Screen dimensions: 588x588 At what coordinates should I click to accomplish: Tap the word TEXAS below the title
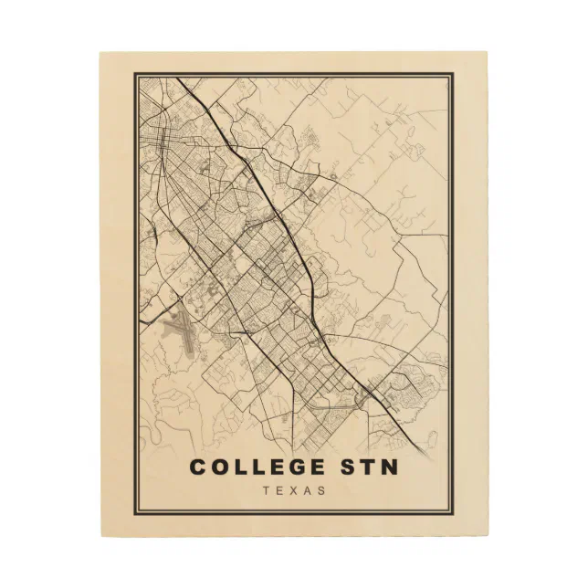pos(293,491)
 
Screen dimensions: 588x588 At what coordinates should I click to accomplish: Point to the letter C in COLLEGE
pos(198,467)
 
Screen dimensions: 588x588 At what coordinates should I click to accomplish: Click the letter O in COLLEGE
pos(219,467)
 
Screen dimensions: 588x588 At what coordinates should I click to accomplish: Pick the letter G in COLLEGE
pos(289,467)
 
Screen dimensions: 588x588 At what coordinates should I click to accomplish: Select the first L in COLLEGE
pos(239,467)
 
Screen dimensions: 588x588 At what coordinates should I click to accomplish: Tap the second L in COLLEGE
pos(256,467)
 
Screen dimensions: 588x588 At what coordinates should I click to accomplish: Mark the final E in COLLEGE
pos(311,467)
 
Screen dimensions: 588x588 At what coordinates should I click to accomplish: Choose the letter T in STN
pos(365,467)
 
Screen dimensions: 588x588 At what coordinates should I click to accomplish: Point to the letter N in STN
pos(388,467)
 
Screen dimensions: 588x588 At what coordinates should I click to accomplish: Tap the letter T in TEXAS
pos(266,491)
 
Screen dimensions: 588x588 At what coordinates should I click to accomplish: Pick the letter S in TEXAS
pos(320,491)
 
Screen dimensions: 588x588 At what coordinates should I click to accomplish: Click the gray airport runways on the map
pos(179,334)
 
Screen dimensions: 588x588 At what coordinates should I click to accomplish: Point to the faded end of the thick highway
pos(425,448)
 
